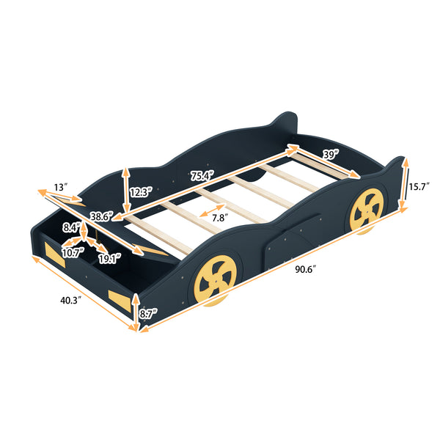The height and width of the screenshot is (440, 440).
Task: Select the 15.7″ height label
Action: tap(421, 186)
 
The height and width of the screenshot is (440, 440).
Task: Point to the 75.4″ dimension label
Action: tap(202, 175)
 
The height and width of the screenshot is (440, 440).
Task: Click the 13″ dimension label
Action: tap(61, 188)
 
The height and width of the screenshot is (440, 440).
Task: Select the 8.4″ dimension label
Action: tap(71, 227)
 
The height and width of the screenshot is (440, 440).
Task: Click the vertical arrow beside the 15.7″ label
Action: tap(404, 186)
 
